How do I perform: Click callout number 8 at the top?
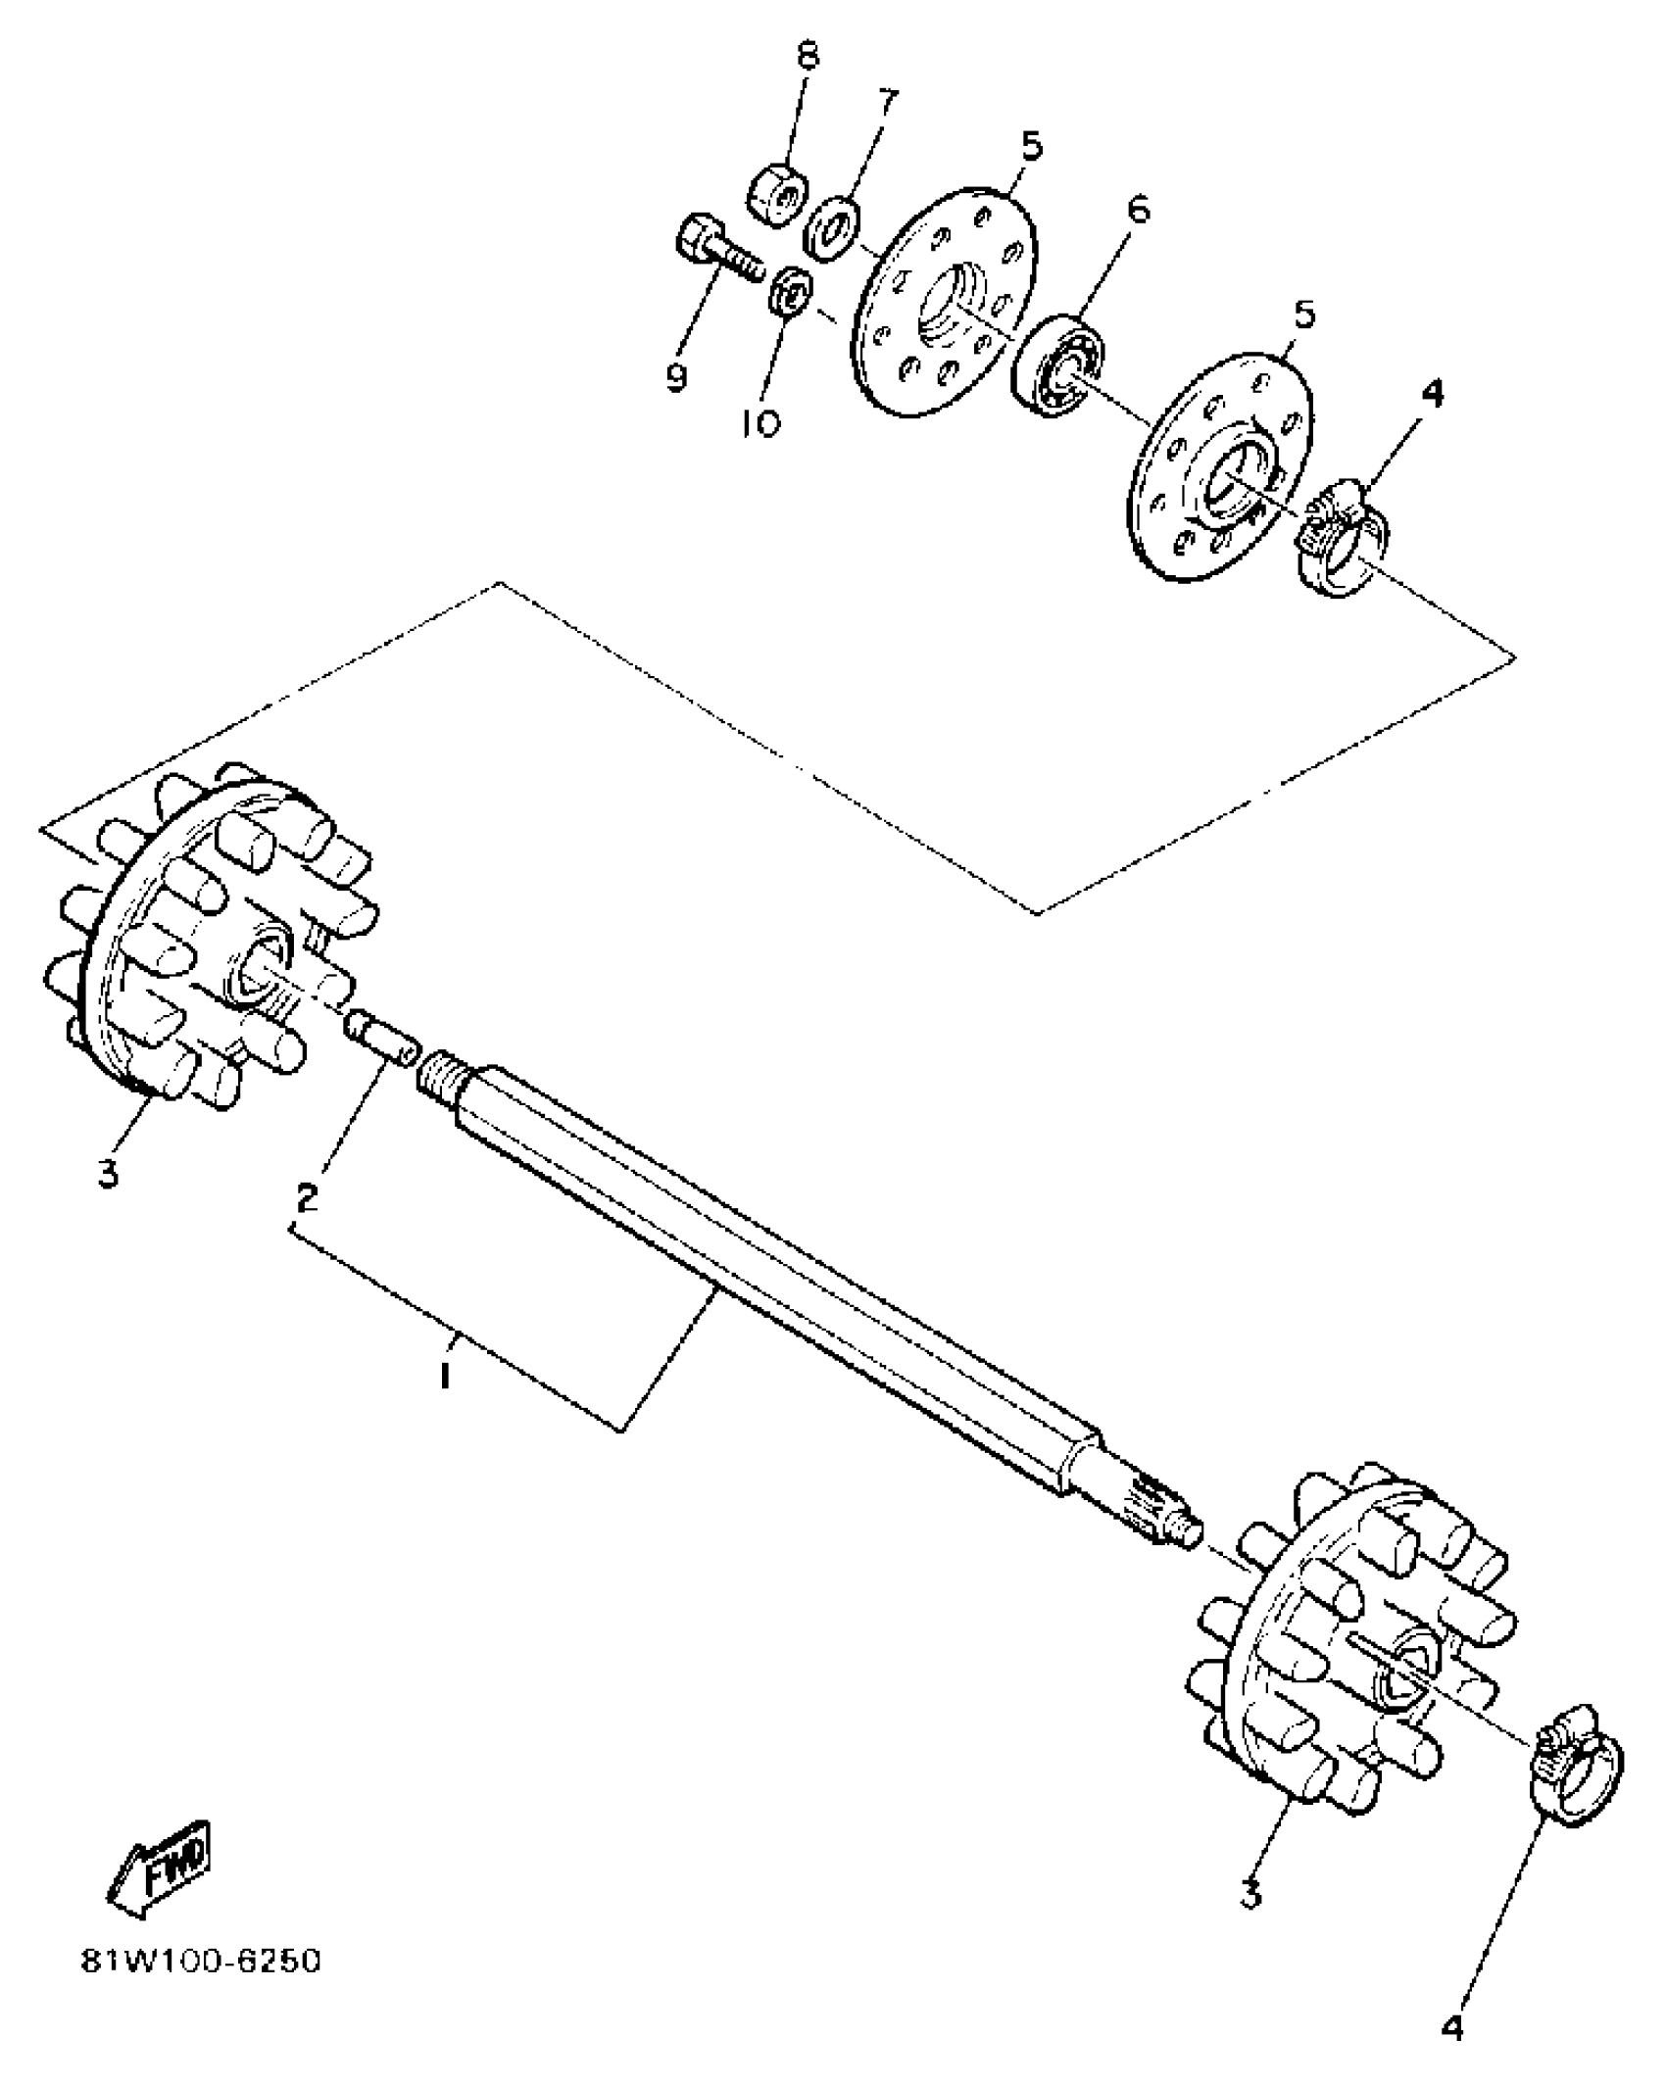pos(807,56)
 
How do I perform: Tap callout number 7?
pos(887,102)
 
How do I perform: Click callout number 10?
pos(761,424)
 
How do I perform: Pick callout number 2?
pos(308,1194)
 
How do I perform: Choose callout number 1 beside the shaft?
pos(445,1377)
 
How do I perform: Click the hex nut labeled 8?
pos(775,193)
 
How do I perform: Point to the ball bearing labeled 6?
pos(1058,364)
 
